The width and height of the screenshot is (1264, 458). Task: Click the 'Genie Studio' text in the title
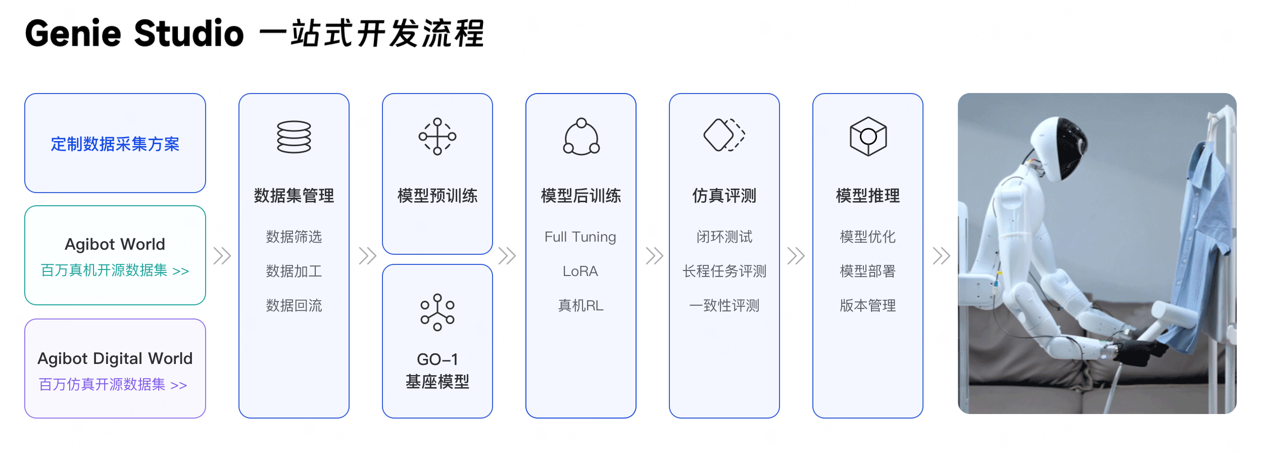point(134,33)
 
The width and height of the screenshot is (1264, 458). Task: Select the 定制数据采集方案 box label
point(115,144)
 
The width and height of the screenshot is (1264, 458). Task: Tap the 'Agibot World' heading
point(115,244)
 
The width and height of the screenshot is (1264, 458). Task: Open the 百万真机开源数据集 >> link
point(115,270)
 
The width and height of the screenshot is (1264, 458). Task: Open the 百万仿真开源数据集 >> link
point(113,385)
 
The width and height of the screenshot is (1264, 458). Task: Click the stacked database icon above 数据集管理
point(294,136)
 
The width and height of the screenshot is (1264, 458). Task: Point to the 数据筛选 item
point(294,237)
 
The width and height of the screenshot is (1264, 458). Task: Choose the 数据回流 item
point(294,305)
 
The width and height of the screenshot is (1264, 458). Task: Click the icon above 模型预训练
point(437,136)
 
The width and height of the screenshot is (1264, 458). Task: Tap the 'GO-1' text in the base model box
point(437,359)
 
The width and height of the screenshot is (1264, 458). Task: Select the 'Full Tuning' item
point(580,237)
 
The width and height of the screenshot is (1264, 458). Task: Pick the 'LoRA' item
point(580,271)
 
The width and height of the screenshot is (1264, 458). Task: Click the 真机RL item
point(580,305)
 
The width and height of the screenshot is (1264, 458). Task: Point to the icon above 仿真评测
point(724,135)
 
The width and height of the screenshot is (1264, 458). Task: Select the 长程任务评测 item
point(724,271)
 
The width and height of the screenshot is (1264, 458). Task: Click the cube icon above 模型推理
point(868,136)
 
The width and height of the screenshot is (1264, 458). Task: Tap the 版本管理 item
point(868,305)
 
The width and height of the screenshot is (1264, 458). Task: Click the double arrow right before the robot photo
point(941,256)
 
